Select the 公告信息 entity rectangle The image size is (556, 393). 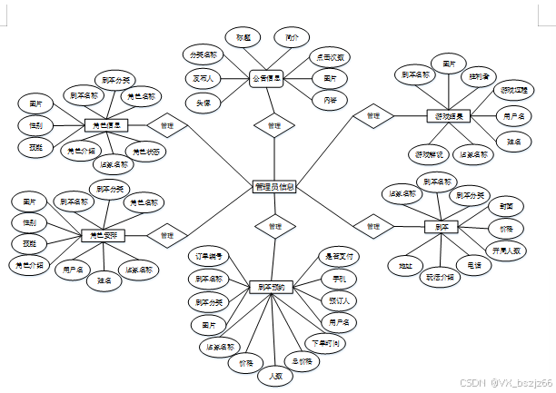click(x=268, y=79)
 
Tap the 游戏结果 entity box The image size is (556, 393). click(x=447, y=116)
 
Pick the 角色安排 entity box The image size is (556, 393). click(x=102, y=236)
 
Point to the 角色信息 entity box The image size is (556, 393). click(x=106, y=125)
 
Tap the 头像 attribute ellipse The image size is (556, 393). click(x=204, y=103)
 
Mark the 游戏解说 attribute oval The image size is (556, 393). click(x=426, y=154)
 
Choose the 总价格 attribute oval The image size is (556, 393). click(x=302, y=360)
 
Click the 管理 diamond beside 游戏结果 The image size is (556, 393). click(x=372, y=116)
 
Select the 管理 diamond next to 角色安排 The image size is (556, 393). click(x=167, y=236)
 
